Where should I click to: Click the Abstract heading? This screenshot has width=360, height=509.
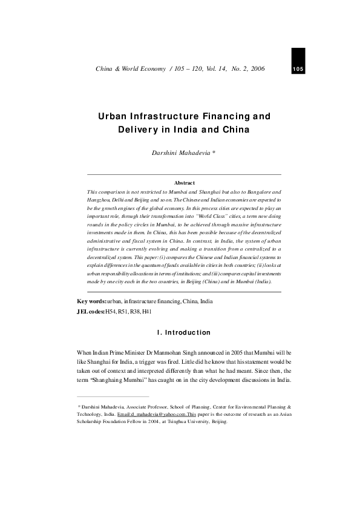coord(185,182)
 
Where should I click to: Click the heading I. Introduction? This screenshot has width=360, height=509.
coord(180,332)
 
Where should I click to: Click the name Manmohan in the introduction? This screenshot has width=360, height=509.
coord(185,352)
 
